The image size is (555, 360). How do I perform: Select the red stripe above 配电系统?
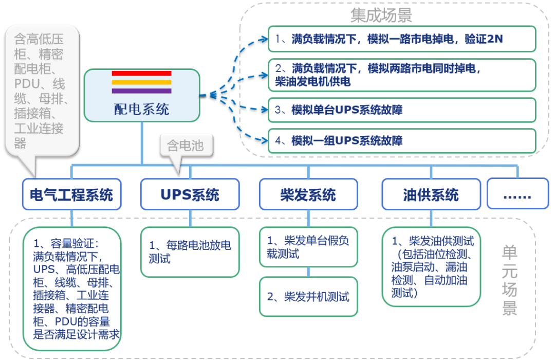[141, 74]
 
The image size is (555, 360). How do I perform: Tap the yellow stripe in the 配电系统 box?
[141, 82]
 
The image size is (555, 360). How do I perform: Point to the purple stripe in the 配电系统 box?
[141, 91]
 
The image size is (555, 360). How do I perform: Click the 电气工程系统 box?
[71, 194]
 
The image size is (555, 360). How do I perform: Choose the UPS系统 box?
[190, 194]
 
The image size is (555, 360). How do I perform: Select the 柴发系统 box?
[308, 194]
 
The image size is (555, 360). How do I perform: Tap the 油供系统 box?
[431, 194]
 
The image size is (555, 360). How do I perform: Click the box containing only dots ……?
[517, 194]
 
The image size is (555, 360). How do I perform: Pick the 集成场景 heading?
[381, 15]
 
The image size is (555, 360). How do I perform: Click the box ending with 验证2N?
[402, 39]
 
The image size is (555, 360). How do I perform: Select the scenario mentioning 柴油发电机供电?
[402, 75]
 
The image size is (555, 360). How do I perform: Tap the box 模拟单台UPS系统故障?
[402, 110]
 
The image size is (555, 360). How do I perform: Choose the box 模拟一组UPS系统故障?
[402, 140]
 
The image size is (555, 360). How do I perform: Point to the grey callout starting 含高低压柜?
[42, 90]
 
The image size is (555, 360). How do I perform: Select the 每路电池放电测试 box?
[190, 252]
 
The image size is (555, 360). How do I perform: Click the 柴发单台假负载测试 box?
[308, 247]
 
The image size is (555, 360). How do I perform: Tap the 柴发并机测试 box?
[308, 297]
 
